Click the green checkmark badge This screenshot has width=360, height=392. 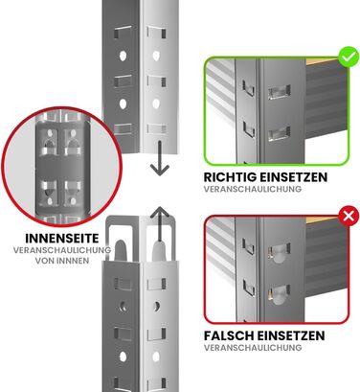[349, 57]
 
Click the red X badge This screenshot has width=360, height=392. [349, 217]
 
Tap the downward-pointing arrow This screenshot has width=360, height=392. [160, 157]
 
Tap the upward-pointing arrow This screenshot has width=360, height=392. [160, 223]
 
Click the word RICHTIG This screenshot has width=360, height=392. [230, 177]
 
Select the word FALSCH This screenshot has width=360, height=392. [229, 335]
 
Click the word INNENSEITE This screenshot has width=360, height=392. [62, 239]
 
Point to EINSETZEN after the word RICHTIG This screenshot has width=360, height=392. [293, 177]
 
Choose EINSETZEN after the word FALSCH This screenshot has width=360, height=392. [291, 335]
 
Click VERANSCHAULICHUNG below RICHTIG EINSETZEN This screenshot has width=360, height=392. [253, 189]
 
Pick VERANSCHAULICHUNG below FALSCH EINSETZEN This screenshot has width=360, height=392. [253, 347]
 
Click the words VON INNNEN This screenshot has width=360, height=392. [62, 261]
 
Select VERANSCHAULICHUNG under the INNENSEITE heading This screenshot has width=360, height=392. [62, 250]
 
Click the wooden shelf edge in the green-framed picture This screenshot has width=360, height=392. [323, 61]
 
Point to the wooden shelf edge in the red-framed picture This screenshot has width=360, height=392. [323, 220]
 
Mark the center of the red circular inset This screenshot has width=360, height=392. [62, 166]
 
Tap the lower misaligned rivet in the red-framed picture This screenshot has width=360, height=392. [279, 295]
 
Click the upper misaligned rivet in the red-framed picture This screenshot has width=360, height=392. [279, 253]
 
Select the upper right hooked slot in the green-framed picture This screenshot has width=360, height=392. [280, 92]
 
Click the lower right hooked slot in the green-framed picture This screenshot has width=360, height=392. [280, 133]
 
